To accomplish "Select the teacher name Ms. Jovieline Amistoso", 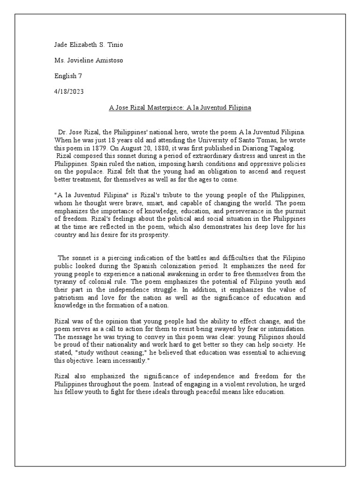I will point(89,60).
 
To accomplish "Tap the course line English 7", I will point(68,75).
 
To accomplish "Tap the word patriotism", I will point(72,298).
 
